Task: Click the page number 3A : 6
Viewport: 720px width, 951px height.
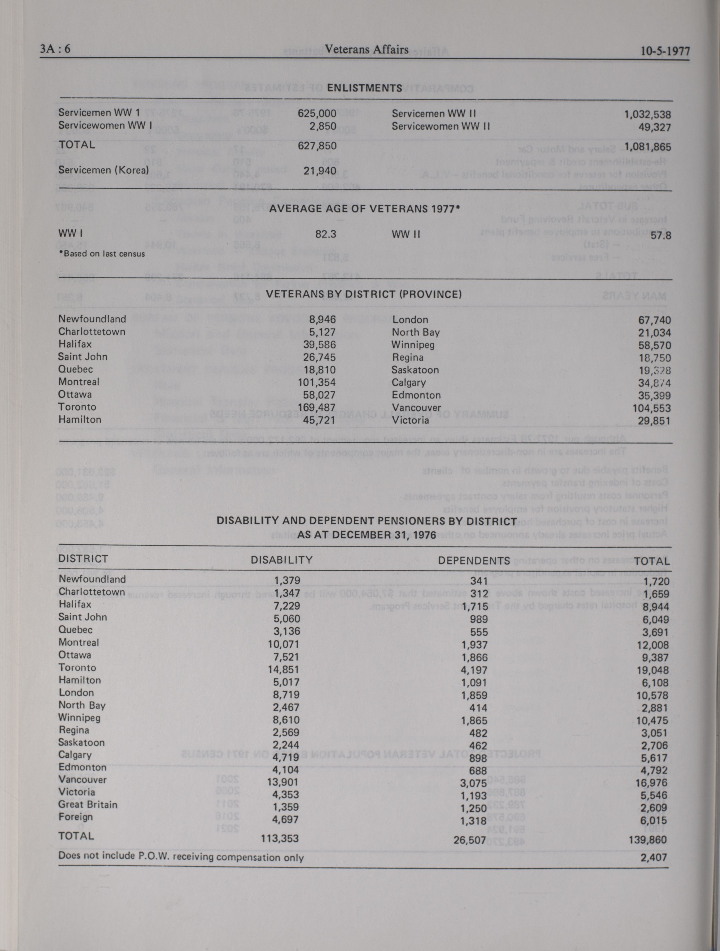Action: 55,49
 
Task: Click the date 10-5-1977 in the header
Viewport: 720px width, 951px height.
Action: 664,51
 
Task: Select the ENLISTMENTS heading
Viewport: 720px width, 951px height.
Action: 364,88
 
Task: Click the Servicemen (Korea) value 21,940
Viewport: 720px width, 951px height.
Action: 320,171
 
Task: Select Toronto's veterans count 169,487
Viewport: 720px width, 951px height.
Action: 317,407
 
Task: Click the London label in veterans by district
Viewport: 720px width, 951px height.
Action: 410,320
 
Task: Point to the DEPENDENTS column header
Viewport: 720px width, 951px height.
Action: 474,561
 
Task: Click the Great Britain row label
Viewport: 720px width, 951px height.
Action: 88,804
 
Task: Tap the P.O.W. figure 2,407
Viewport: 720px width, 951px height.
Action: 653,858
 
